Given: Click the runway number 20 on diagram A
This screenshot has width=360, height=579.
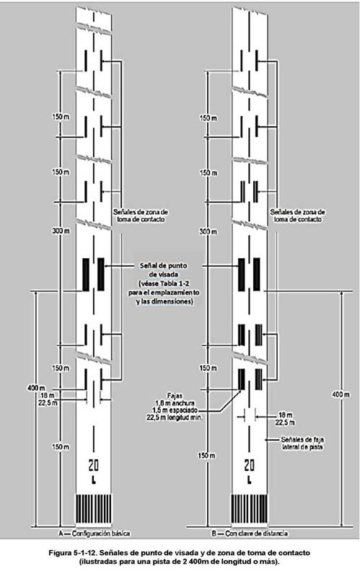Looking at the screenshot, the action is click(94, 465).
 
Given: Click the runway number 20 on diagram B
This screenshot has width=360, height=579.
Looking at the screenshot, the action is click(250, 465).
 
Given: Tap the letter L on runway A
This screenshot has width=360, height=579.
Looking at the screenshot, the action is click(94, 480).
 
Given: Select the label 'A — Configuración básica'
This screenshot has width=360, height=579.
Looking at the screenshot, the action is click(95, 533).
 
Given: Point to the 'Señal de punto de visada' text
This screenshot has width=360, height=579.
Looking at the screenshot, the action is click(163, 270).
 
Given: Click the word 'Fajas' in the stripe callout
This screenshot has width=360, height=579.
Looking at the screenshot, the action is click(175, 396).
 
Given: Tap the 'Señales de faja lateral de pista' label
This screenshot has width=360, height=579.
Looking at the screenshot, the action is click(302, 443).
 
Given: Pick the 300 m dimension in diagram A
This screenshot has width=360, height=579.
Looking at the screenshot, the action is click(61, 231).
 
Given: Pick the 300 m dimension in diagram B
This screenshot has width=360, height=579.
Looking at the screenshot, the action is click(208, 231).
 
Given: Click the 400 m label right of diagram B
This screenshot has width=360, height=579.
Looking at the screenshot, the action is click(341, 394).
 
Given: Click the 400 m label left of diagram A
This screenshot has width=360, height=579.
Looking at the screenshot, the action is click(36, 388).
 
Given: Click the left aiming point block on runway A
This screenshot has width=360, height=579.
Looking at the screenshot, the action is click(86, 275).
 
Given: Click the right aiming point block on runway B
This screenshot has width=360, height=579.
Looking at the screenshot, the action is click(257, 275).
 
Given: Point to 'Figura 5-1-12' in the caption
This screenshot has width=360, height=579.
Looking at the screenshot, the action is click(72, 553).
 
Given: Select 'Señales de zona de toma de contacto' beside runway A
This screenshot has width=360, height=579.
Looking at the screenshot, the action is click(141, 216).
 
